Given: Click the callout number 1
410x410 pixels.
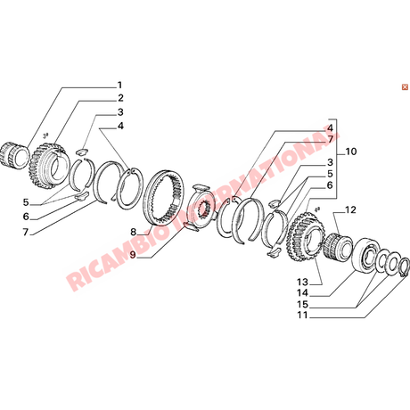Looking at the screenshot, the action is [x=119, y=86].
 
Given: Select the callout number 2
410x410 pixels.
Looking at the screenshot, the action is [x=120, y=98].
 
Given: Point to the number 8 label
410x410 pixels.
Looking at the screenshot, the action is [x=133, y=232].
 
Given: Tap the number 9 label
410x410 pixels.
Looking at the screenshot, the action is [x=133, y=255].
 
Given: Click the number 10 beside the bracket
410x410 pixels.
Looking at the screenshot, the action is [x=351, y=152].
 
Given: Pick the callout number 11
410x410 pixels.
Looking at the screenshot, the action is [x=302, y=316].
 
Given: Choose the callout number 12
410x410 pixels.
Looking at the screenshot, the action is [x=350, y=210].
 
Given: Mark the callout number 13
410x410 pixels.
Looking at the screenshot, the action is [x=302, y=282].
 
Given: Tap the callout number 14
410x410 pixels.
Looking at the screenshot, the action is [x=302, y=293].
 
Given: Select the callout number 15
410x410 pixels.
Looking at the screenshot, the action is [x=302, y=304].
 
